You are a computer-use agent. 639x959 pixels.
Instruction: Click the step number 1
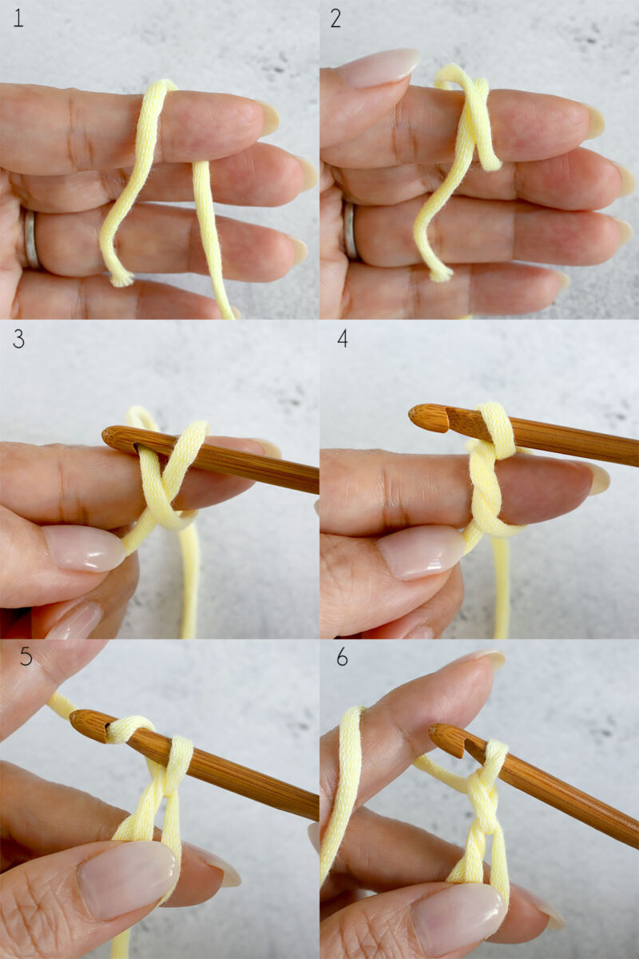tap(18, 18)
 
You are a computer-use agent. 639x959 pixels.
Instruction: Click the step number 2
tap(335, 18)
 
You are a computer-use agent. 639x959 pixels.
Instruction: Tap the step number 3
tap(18, 338)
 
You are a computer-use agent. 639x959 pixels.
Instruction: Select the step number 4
tap(342, 338)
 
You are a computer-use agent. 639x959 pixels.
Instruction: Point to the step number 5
tap(26, 657)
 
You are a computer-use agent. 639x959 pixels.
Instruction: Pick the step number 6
tap(342, 657)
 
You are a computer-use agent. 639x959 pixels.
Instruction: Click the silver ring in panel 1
tap(30, 239)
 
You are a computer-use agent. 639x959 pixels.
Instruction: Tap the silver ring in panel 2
tap(350, 231)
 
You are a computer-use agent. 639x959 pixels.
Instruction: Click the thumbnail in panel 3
tap(83, 548)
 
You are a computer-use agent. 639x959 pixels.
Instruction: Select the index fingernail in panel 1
tap(268, 117)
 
